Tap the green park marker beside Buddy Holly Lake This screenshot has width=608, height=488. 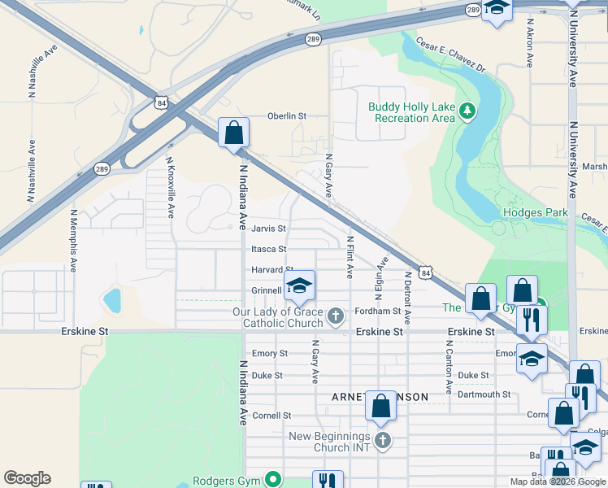467,111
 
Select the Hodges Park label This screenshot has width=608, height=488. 534,212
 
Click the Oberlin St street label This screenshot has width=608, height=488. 287,116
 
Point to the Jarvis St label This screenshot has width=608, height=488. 268,229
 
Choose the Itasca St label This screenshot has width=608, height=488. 268,250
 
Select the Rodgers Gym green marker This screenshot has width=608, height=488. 274,480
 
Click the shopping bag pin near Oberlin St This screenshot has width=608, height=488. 234,133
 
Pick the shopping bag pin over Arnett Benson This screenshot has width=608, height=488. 380,406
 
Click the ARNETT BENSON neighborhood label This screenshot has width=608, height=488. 379,397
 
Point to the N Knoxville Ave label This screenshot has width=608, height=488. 171,188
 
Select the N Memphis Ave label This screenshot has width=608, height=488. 73,241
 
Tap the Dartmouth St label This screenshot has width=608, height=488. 484,394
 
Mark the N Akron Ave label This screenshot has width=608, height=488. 529,43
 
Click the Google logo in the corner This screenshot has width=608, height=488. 27,478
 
